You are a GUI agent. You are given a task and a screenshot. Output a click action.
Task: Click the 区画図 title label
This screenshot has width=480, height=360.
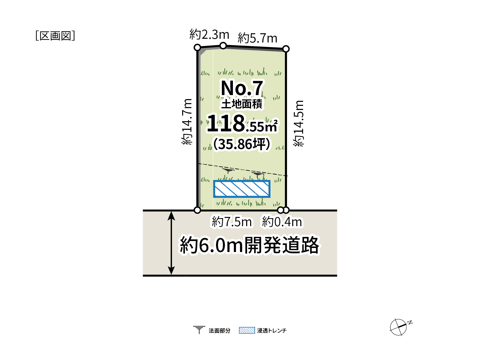[x=55, y=36]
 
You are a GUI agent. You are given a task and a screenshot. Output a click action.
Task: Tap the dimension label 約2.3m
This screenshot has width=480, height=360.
[x=209, y=34]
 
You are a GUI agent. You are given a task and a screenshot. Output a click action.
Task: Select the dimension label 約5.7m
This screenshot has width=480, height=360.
[x=258, y=38]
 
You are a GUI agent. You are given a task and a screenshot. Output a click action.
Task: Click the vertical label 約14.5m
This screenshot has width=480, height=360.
[x=298, y=123]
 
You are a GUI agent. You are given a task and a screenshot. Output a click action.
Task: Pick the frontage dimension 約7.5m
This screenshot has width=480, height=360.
[x=232, y=222]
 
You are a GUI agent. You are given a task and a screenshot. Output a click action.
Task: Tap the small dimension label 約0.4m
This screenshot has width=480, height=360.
[x=282, y=222]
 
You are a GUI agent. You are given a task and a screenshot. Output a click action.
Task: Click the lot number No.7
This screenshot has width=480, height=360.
[x=242, y=88]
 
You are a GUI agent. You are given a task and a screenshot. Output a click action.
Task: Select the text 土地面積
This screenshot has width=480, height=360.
[x=242, y=104]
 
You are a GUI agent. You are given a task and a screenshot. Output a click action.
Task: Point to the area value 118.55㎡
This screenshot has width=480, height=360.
[x=242, y=123]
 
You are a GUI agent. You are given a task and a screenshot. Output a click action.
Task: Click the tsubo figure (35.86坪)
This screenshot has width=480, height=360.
[x=242, y=144]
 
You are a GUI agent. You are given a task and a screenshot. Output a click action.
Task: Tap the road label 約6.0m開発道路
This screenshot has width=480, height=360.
[x=249, y=245]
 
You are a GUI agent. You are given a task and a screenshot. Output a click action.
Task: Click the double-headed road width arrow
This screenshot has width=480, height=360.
[x=171, y=243]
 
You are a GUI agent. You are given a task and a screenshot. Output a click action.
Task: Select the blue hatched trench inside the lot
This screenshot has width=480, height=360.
[x=242, y=189]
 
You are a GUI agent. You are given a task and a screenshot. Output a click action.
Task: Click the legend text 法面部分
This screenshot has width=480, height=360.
[x=219, y=330]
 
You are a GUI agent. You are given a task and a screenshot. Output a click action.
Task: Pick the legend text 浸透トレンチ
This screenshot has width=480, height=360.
[x=272, y=330]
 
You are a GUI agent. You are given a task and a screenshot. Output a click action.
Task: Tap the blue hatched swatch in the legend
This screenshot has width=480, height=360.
[x=247, y=330]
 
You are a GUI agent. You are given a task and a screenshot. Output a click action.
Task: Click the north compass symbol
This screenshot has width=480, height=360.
[x=399, y=327]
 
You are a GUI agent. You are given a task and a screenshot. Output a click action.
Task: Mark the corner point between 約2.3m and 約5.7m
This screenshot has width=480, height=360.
[x=223, y=46]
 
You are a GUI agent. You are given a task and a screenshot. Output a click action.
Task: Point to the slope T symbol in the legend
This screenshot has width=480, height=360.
[x=199, y=330]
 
